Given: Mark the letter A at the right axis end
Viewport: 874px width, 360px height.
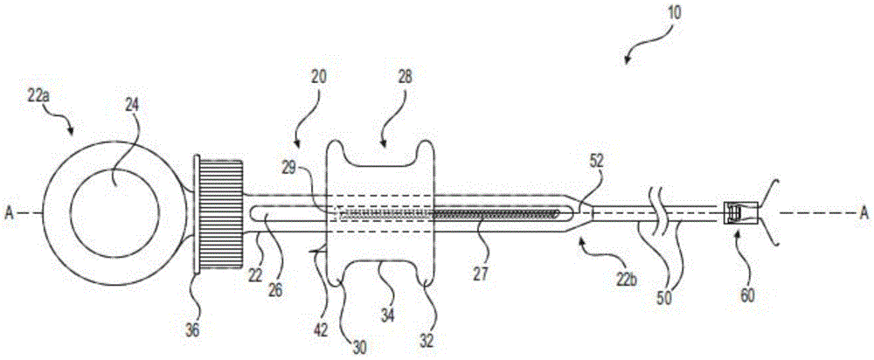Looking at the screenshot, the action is pos(864,211).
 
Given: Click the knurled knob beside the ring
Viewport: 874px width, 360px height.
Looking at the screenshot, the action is pos(219,211).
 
